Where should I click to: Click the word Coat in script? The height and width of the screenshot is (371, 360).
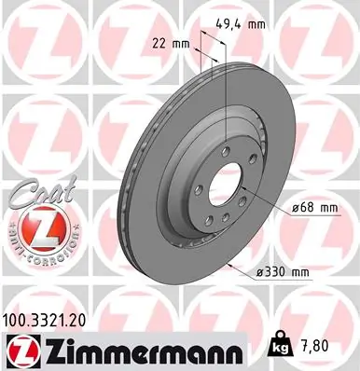(35, 192)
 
